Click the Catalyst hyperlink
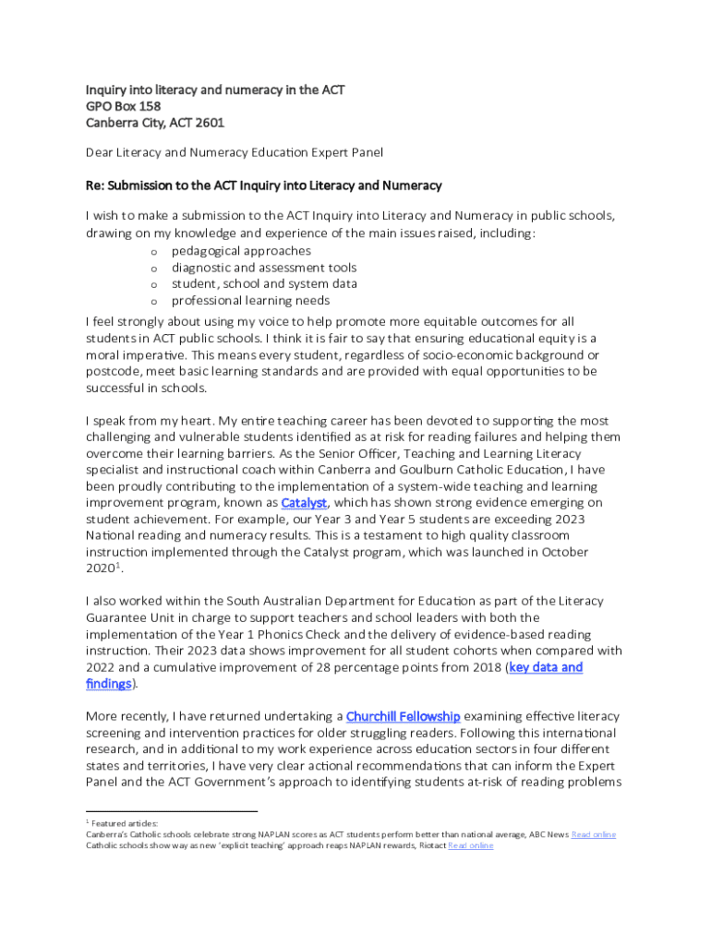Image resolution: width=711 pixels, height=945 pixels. tap(304, 503)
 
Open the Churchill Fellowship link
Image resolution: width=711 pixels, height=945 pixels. tap(403, 716)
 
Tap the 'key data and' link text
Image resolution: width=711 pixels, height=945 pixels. tap(546, 667)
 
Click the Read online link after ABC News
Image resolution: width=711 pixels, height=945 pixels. tap(594, 834)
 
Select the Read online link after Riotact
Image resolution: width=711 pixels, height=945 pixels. tap(470, 845)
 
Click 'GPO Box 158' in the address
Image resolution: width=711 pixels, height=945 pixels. tap(123, 106)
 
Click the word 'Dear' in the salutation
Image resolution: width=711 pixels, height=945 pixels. tap(101, 152)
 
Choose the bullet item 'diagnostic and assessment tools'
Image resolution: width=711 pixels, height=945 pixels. tap(264, 268)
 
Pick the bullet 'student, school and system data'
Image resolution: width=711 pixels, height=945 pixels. tap(264, 284)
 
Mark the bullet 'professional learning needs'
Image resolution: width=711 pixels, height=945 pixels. tap(250, 301)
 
